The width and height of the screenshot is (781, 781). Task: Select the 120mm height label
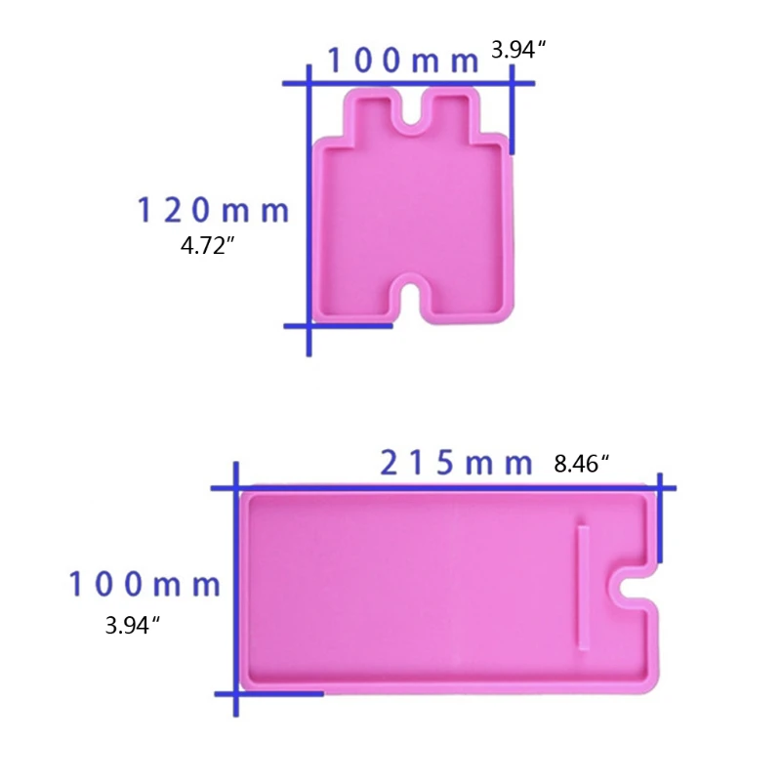pos(212,210)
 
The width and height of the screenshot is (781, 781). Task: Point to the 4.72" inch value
pos(209,246)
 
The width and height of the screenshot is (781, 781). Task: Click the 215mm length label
pos(456,463)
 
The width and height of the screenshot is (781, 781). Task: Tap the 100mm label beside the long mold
pos(144,585)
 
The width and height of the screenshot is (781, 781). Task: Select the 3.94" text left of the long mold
pos(133,626)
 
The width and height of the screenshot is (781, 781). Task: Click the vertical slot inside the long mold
pos(584,586)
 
